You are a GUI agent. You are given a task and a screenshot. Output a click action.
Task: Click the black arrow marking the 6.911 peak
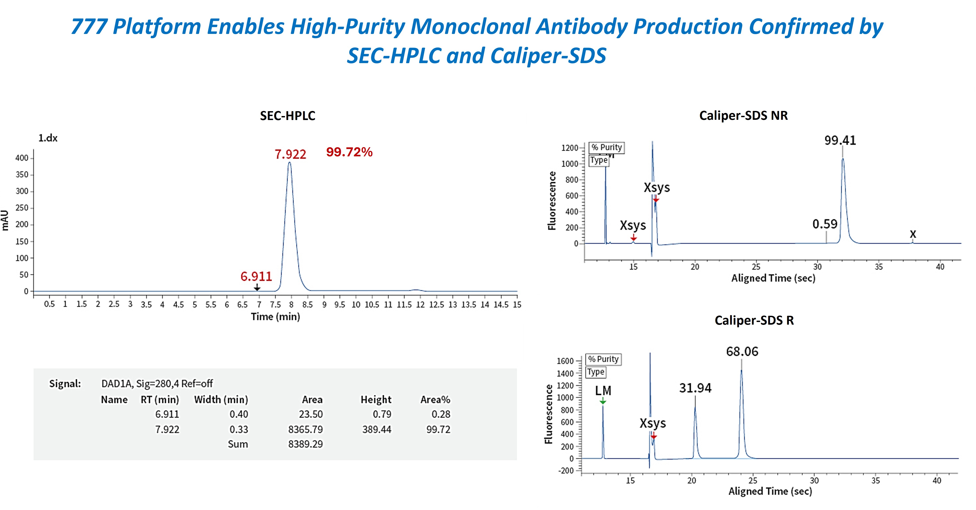click(257, 288)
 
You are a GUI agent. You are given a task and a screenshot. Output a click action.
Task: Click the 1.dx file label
click(48, 138)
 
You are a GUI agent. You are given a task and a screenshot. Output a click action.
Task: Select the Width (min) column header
click(221, 400)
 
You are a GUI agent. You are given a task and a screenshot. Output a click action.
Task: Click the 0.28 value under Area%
click(441, 414)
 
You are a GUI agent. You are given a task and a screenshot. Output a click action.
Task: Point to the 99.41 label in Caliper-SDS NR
click(840, 141)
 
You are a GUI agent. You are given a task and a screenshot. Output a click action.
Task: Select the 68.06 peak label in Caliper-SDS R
click(742, 352)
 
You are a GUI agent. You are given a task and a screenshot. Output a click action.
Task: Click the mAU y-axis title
click(5, 220)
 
